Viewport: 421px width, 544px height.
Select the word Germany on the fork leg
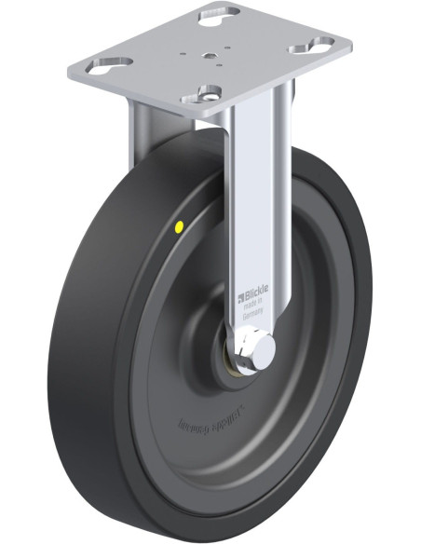(253, 315)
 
